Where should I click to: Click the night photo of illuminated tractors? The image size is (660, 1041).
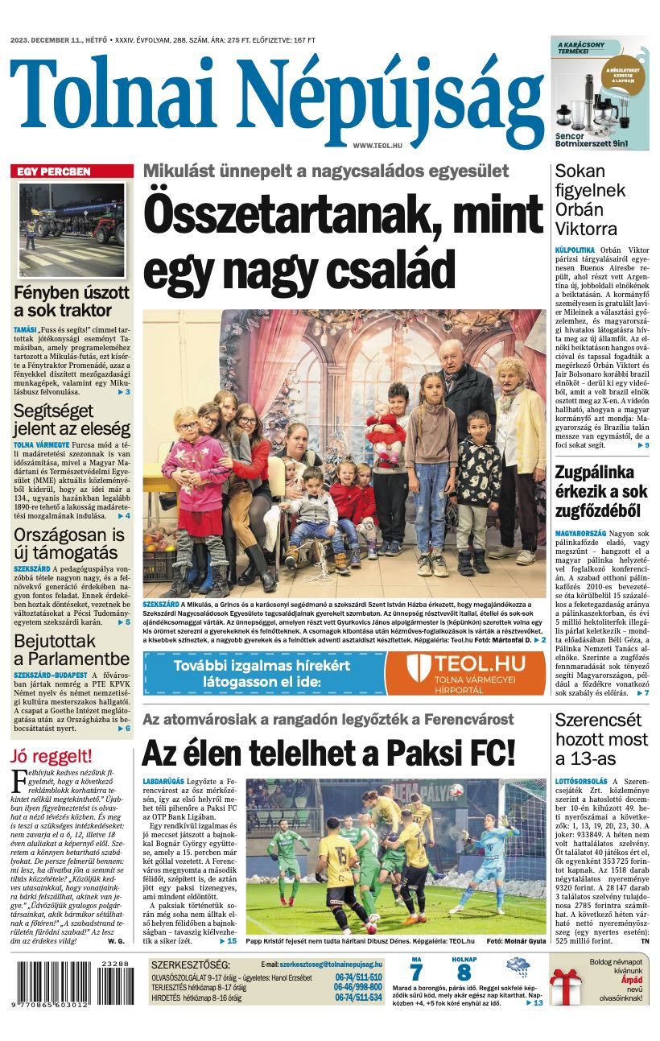pyautogui.click(x=72, y=220)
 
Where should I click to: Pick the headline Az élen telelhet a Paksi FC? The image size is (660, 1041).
pyautogui.click(x=328, y=753)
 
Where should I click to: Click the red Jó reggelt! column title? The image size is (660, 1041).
pyautogui.click(x=52, y=756)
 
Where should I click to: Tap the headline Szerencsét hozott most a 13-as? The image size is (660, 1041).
pyautogui.click(x=601, y=738)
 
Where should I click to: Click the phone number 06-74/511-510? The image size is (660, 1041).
pyautogui.click(x=358, y=977)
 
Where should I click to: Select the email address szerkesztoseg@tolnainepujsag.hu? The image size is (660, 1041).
pyautogui.click(x=331, y=964)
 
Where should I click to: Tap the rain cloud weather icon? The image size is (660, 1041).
pyautogui.click(x=518, y=968)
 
